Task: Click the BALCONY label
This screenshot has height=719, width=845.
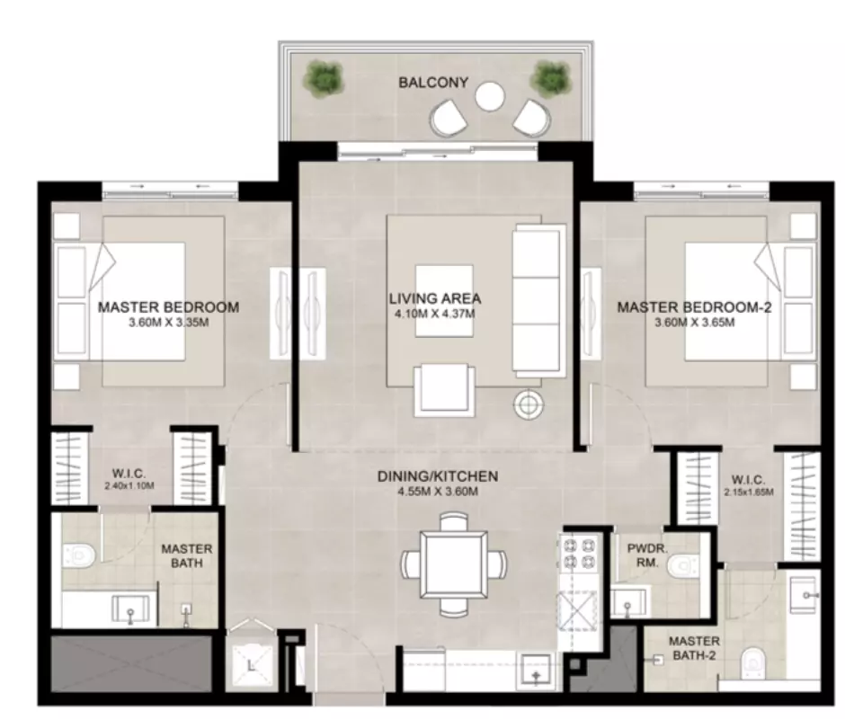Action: pyautogui.click(x=433, y=83)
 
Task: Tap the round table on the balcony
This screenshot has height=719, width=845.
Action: pyautogui.click(x=490, y=96)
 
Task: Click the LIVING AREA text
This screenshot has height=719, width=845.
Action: pyautogui.click(x=435, y=298)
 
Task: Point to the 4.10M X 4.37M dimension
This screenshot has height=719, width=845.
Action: pyautogui.click(x=435, y=314)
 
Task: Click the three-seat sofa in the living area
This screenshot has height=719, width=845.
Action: pyautogui.click(x=538, y=301)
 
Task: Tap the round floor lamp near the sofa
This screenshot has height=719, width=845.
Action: pyautogui.click(x=529, y=404)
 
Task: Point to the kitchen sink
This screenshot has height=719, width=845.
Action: pyautogui.click(x=535, y=670)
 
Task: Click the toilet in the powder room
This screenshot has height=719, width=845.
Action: pyautogui.click(x=681, y=565)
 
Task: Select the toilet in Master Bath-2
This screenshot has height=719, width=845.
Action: pyautogui.click(x=752, y=665)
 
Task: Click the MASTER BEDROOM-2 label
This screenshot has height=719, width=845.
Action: pyautogui.click(x=694, y=307)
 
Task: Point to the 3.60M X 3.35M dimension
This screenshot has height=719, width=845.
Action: pyautogui.click(x=169, y=323)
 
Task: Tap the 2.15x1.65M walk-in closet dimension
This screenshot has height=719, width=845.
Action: pyautogui.click(x=749, y=493)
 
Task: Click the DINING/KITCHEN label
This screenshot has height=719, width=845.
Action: pyautogui.click(x=437, y=476)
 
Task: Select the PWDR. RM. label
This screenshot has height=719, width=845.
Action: pyautogui.click(x=647, y=555)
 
